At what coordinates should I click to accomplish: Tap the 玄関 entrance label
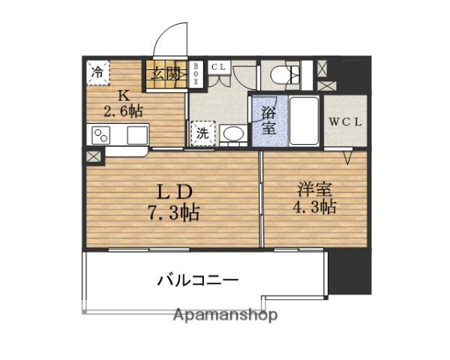(166, 73)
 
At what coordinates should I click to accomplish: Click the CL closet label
(217, 67)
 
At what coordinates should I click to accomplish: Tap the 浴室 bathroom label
(269, 121)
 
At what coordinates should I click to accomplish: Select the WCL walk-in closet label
(346, 121)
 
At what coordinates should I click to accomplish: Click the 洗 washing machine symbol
(202, 134)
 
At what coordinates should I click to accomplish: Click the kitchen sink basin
(137, 135)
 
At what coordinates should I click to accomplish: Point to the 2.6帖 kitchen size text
(122, 111)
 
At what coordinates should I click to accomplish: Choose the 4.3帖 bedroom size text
(315, 207)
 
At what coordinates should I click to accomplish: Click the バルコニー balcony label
(198, 280)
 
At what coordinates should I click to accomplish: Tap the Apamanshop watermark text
(225, 315)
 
